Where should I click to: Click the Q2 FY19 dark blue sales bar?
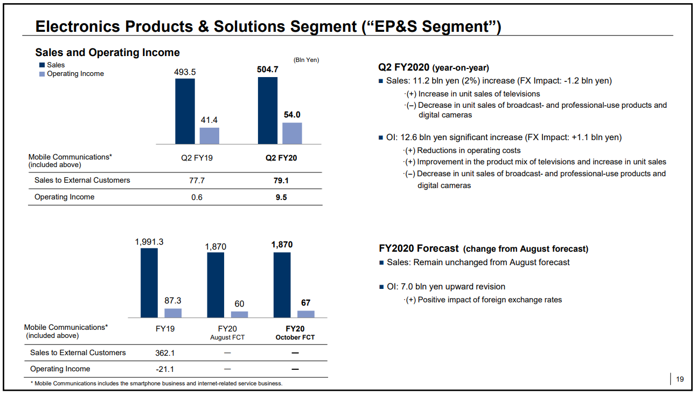[185, 111]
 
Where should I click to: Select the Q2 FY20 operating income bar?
[292, 133]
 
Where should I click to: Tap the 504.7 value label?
[268, 70]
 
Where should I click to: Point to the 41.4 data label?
[209, 120]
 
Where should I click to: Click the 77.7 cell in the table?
[197, 181]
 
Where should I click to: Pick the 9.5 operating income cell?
[281, 197]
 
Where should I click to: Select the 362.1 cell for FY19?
[165, 353]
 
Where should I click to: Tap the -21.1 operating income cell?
[164, 369]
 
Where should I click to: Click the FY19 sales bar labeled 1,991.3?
[149, 282]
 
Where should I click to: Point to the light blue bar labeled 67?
[305, 314]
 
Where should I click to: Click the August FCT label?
[227, 337]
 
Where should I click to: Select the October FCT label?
[295, 337]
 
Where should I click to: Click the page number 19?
[680, 379]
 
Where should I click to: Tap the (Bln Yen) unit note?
[306, 60]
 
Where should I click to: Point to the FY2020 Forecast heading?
[419, 249]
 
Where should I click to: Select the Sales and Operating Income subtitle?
[107, 52]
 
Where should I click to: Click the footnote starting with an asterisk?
[156, 384]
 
